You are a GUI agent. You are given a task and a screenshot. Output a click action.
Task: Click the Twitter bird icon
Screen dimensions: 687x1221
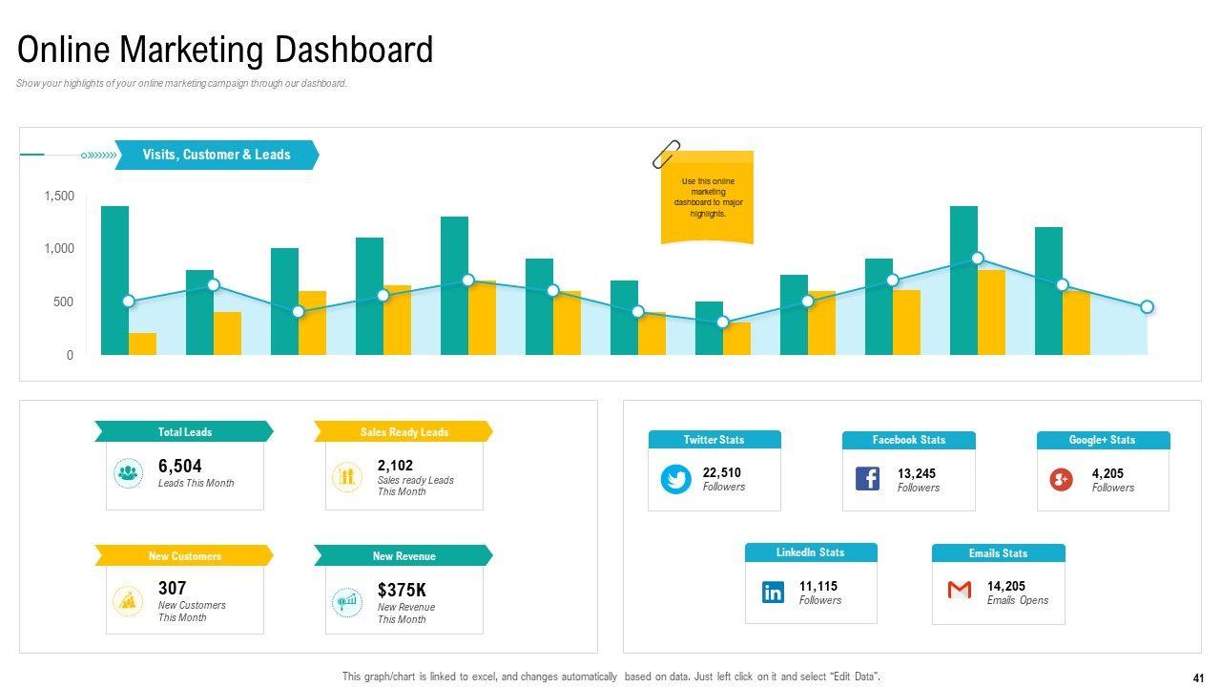tap(676, 479)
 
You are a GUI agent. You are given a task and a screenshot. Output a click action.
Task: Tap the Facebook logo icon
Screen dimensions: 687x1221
tap(867, 479)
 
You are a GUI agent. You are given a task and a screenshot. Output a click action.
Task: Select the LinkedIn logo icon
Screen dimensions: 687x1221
tap(773, 593)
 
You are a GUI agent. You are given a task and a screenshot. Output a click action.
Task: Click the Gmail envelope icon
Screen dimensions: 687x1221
tap(960, 591)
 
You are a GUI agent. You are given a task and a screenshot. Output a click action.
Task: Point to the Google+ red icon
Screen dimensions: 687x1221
tap(1061, 479)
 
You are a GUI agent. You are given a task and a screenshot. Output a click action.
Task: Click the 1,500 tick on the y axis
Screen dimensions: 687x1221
tap(59, 197)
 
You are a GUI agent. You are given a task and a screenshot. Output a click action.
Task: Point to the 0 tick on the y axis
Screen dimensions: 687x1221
tap(70, 355)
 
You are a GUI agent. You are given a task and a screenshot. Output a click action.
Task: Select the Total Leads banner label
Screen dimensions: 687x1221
tap(184, 432)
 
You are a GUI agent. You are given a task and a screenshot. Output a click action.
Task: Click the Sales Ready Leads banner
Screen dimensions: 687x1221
tap(404, 432)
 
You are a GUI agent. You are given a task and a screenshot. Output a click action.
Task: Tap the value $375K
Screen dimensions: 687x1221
tap(402, 591)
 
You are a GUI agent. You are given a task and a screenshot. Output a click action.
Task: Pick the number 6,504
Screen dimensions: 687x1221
tap(180, 466)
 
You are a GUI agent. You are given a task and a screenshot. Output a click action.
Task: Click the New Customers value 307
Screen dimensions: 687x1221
tap(172, 588)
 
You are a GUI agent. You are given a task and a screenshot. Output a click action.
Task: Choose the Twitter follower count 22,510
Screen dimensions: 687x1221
tap(721, 472)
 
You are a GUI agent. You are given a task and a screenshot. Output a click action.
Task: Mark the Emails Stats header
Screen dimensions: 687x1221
tap(998, 553)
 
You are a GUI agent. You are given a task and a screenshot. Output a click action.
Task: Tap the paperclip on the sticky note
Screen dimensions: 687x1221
tap(666, 154)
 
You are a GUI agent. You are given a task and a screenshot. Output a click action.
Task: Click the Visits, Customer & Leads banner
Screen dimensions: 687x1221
tap(217, 155)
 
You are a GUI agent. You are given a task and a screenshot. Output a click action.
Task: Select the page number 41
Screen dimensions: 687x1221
tap(1198, 678)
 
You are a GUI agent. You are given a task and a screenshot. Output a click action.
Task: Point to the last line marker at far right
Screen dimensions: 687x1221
tap(1147, 307)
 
